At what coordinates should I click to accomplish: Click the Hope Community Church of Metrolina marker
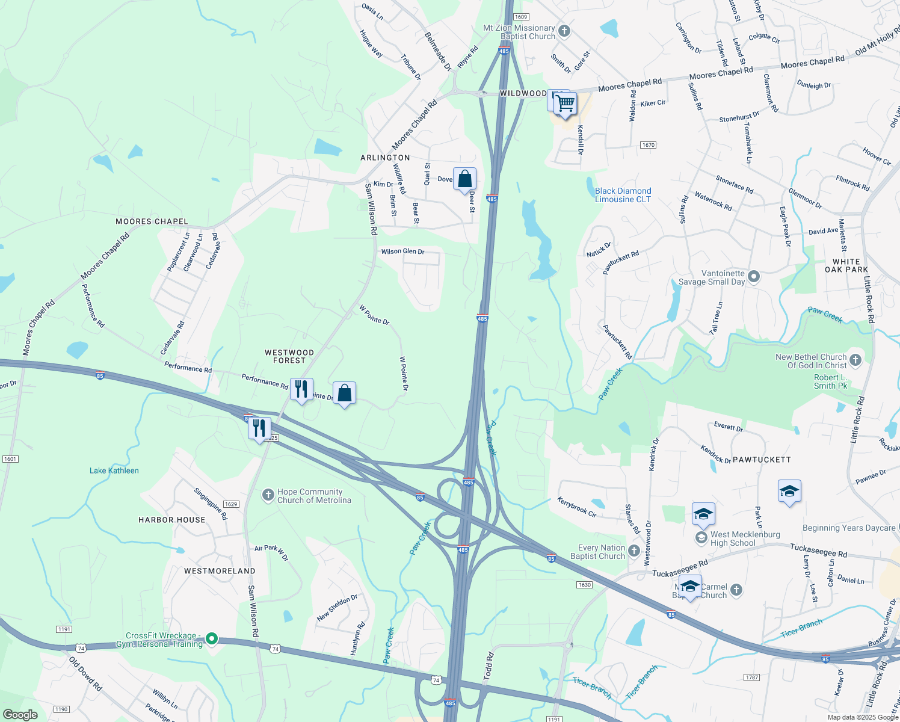268,495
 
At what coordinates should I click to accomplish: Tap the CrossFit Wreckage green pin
211,638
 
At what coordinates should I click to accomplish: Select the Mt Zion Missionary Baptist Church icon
564,31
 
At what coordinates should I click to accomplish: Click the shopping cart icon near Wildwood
565,103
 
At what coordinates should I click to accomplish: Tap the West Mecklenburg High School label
745,538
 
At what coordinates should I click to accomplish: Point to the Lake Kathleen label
114,471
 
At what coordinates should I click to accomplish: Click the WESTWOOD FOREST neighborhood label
289,356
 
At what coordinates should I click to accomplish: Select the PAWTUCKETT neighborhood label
762,460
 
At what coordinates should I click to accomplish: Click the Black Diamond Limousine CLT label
623,195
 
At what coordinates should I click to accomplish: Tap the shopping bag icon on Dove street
464,179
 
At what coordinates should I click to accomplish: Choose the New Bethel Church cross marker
855,360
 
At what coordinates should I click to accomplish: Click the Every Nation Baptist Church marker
633,551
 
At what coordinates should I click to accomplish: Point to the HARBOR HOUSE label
172,520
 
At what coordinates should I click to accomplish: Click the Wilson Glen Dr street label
402,251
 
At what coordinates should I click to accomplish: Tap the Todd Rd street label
489,667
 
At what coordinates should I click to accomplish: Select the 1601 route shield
10,459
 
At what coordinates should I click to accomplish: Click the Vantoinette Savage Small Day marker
754,277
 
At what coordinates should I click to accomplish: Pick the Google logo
20,715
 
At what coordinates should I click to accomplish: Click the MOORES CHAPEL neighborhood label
152,221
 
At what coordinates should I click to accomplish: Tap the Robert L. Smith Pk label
830,381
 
